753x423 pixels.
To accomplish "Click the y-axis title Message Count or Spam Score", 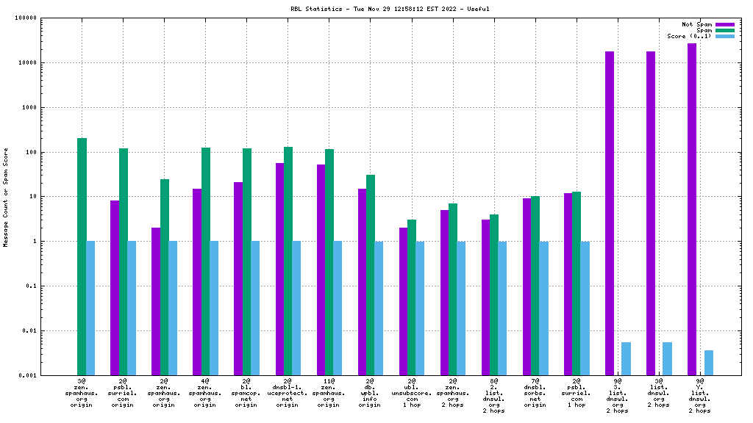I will point(7,197).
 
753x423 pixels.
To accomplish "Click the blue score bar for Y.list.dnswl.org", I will point(708,362).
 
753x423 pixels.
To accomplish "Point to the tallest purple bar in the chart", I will point(692,209).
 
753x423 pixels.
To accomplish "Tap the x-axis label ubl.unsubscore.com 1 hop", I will point(411,393).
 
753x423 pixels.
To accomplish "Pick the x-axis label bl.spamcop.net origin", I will point(246,393).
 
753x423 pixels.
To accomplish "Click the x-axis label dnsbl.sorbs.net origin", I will point(535,393).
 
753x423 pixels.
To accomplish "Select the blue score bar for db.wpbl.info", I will point(379,308).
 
